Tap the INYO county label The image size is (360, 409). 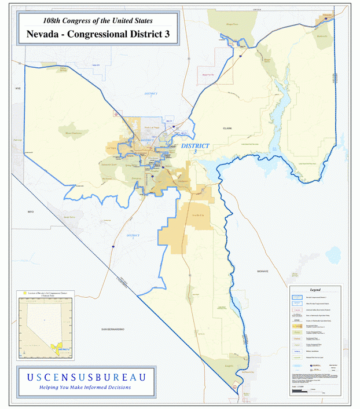click(x=31, y=212)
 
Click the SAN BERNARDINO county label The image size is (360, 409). click(x=113, y=330)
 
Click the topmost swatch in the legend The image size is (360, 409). click(x=296, y=297)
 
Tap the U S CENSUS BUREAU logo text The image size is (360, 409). click(x=86, y=377)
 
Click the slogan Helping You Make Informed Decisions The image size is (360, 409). click(x=85, y=387)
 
